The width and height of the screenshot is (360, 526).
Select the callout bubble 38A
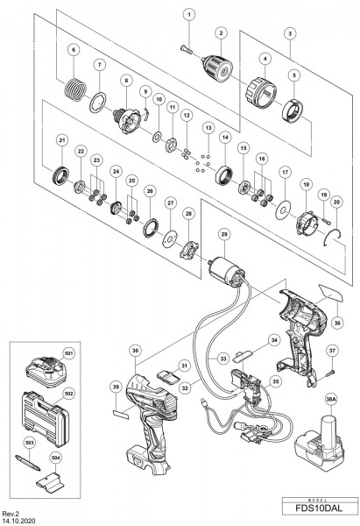tap(331, 396)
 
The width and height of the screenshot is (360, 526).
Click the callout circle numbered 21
tap(61, 140)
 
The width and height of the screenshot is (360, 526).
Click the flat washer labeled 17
tap(284, 209)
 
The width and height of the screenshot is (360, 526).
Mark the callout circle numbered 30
tap(134, 350)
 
